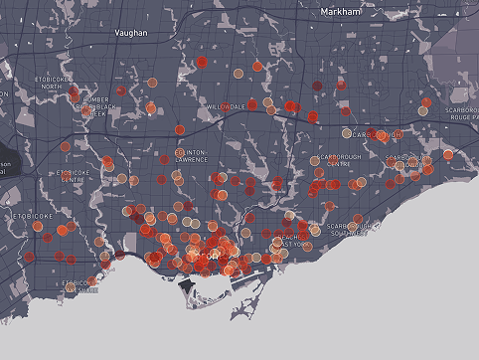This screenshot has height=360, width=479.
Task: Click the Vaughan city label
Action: point(131,33)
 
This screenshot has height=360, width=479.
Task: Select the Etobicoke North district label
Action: point(58,82)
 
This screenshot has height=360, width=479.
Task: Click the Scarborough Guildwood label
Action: point(410,160)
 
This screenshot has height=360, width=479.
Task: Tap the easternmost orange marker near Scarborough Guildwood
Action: point(447,154)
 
